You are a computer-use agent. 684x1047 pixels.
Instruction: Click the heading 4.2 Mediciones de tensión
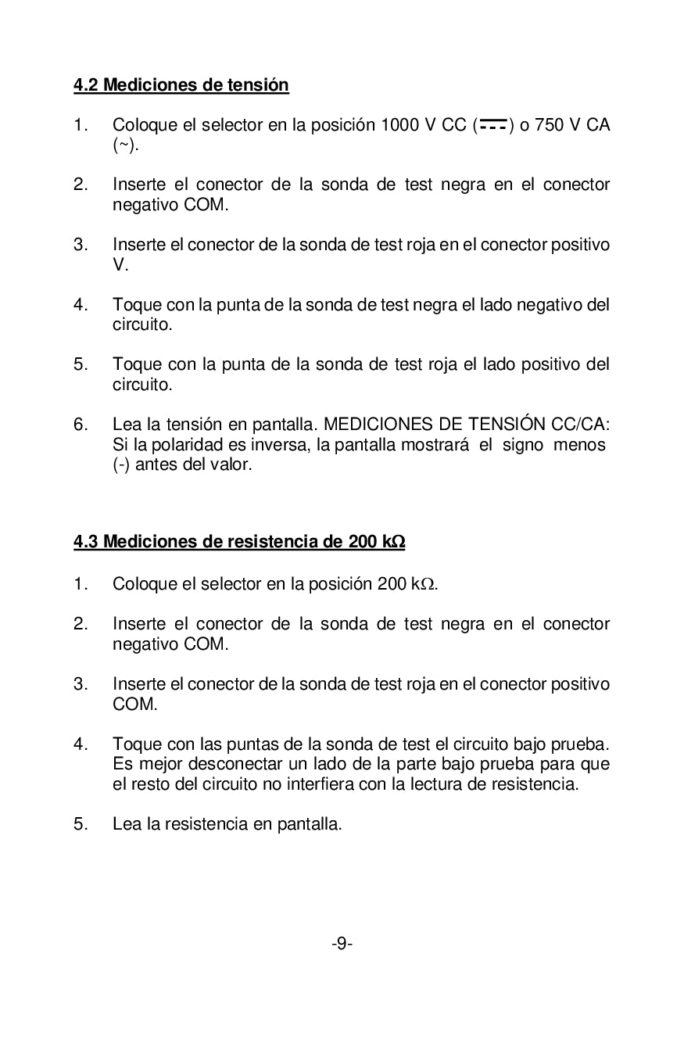point(181,84)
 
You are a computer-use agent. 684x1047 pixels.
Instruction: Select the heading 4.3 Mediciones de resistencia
point(239,541)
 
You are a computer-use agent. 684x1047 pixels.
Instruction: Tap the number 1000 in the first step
point(399,125)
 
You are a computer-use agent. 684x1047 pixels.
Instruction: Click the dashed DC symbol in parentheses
point(493,125)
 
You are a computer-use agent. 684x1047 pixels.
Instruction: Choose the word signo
point(522,445)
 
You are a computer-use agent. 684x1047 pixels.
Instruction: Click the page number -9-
point(342,945)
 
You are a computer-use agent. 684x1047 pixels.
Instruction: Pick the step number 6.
point(80,425)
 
